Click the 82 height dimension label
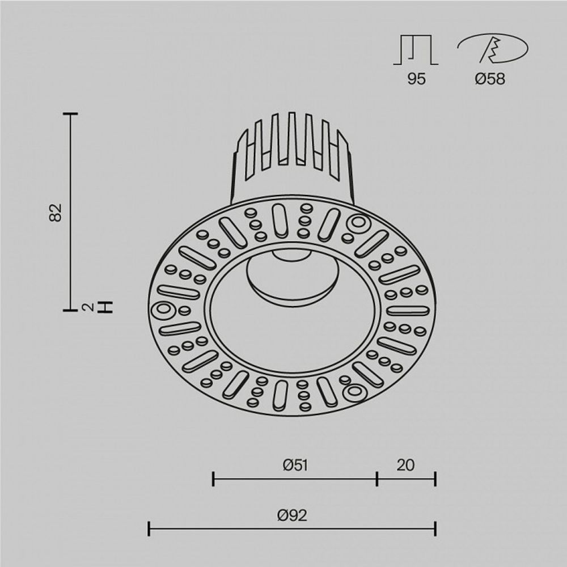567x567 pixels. pyautogui.click(x=55, y=212)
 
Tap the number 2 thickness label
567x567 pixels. pyautogui.click(x=87, y=307)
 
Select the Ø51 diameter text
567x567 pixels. pyautogui.click(x=295, y=465)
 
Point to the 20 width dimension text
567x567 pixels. pyautogui.click(x=405, y=465)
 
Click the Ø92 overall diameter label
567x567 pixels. pyautogui.click(x=292, y=515)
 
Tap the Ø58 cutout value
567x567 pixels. pyautogui.click(x=490, y=79)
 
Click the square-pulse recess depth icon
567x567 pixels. pyautogui.click(x=416, y=50)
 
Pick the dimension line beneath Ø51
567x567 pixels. pyautogui.click(x=295, y=479)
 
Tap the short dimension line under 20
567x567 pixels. pyautogui.click(x=406, y=479)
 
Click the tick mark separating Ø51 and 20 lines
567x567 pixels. pyautogui.click(x=377, y=479)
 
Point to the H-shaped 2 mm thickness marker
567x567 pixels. pyautogui.click(x=105, y=307)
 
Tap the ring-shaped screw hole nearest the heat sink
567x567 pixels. pyautogui.click(x=358, y=223)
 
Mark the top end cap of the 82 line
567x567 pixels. pyautogui.click(x=70, y=114)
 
